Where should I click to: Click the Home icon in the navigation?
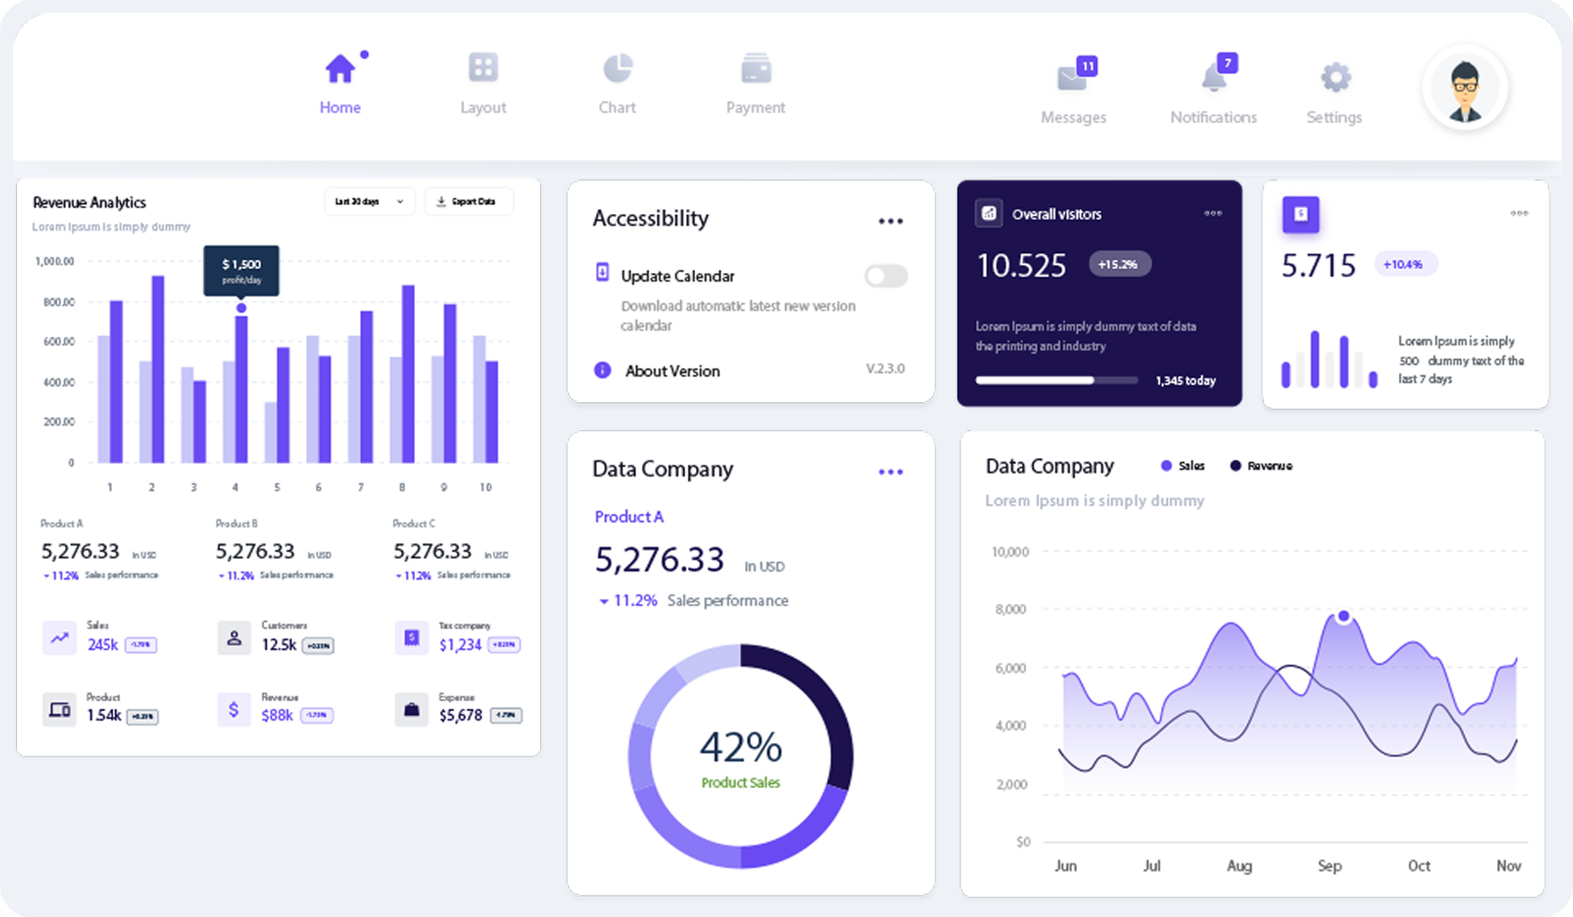(340, 68)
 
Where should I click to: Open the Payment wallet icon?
(756, 68)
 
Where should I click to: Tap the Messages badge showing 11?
(1087, 66)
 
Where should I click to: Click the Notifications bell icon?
(1214, 78)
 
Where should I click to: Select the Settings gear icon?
(1335, 78)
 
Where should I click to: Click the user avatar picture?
(1465, 87)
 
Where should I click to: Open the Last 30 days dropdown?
(369, 202)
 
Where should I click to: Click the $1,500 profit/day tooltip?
(241, 270)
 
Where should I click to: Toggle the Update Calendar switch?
(886, 275)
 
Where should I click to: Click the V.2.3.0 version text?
(885, 369)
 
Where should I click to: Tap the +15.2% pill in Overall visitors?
(1119, 264)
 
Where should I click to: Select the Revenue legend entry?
(1262, 466)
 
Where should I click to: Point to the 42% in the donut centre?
(741, 747)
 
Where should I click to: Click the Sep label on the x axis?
(1329, 866)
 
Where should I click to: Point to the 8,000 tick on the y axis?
(1010, 609)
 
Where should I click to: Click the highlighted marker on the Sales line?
(1343, 616)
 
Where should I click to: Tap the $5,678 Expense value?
(461, 716)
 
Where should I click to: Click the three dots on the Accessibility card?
(890, 221)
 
